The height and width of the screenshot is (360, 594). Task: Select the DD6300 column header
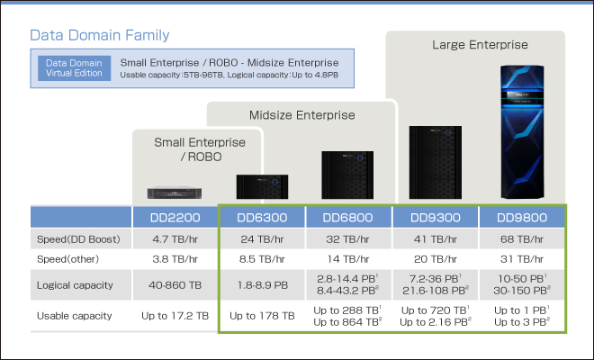point(263,218)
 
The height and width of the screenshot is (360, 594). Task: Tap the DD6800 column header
point(348,218)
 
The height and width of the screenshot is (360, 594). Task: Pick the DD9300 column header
point(436,218)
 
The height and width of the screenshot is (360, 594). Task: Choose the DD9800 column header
point(522,218)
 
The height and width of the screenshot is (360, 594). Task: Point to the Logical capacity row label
point(75,285)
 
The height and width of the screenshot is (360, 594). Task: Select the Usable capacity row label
point(75,316)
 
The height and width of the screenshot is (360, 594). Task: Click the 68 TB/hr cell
point(522,240)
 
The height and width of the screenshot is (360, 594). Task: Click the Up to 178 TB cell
point(263,316)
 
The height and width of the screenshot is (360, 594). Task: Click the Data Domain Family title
point(100,35)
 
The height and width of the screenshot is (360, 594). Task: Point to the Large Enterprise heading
point(480,43)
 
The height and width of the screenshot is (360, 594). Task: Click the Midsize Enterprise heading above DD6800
point(301,114)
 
